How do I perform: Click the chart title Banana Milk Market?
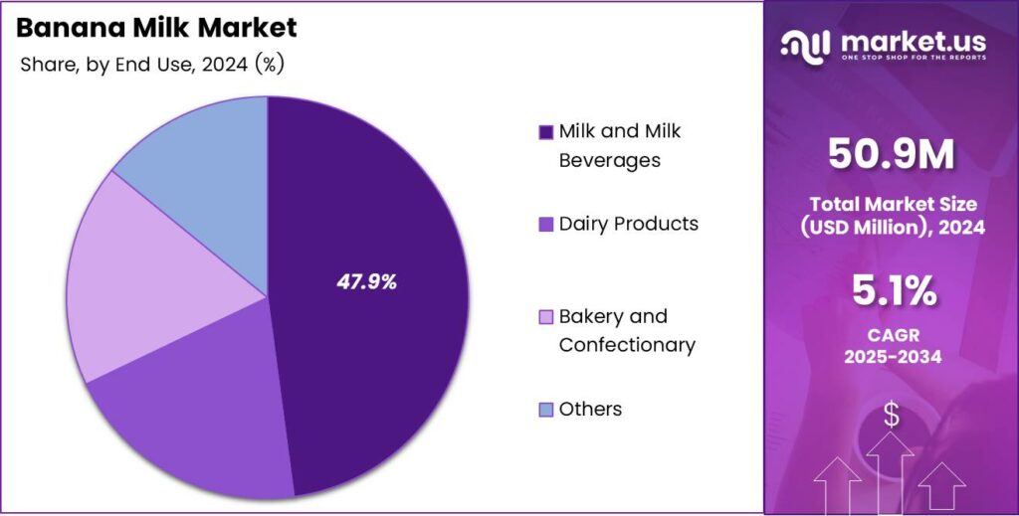coord(156,29)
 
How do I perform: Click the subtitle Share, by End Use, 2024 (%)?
coord(152,65)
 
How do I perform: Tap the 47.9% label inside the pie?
coord(366,282)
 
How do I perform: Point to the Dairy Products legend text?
coord(628,224)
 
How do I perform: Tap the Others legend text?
coord(590,409)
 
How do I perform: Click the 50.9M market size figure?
coord(892,155)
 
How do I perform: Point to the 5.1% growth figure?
coord(892,291)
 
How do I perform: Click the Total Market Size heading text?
coord(892,204)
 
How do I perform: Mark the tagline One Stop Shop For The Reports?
coord(914,58)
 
